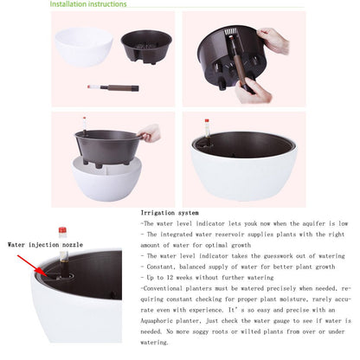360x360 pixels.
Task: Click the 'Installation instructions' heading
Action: [88, 4]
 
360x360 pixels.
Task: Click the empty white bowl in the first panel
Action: [84, 47]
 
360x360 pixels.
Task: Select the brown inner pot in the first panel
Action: [146, 47]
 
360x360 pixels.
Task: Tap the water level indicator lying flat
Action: [113, 87]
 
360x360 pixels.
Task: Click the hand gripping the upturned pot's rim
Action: [273, 41]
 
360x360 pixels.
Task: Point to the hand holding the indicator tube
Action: [254, 91]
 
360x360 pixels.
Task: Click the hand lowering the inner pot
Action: [150, 132]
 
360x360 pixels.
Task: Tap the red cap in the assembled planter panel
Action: [207, 120]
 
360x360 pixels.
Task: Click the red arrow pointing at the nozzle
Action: [30, 265]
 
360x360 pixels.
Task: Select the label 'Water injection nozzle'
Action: [45, 245]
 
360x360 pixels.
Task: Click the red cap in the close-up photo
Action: [62, 230]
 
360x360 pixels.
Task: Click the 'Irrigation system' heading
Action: [170, 213]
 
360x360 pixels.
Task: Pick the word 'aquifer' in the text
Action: [314, 223]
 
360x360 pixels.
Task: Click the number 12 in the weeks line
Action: [170, 278]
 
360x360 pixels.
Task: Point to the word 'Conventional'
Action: [163, 288]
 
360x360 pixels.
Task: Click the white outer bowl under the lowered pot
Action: [107, 182]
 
